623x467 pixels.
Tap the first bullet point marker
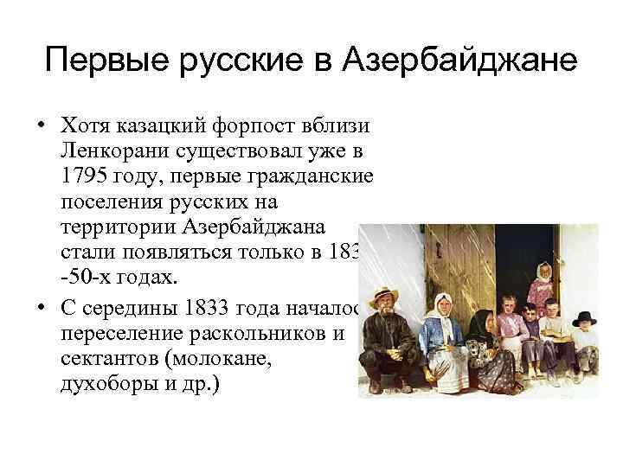tap(42, 127)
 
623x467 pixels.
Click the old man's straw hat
tap(384, 296)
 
